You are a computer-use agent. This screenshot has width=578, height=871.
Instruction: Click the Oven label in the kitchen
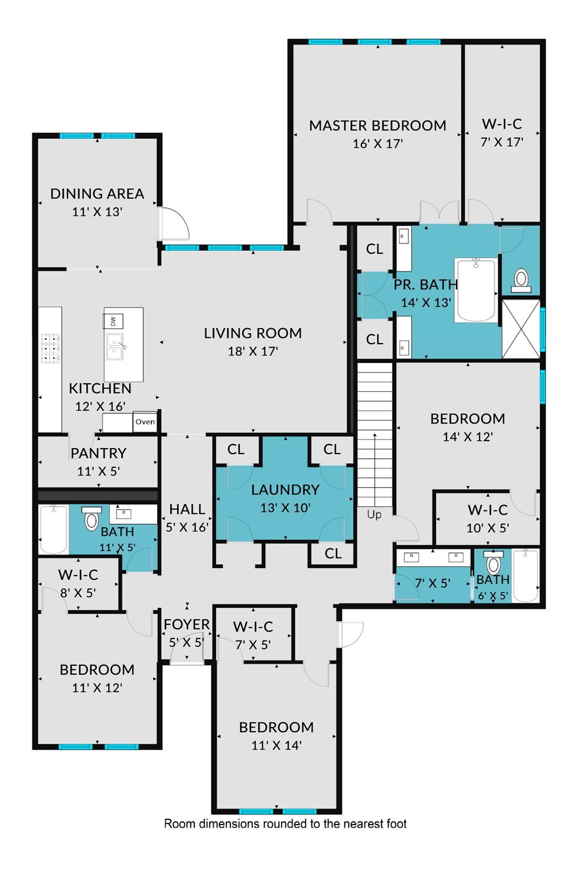[x=145, y=421]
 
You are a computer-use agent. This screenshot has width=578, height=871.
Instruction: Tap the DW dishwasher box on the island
[x=113, y=321]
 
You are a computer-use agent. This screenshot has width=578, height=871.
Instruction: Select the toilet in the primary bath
[x=521, y=280]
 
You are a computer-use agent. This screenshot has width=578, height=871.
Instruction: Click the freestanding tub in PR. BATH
[x=476, y=290]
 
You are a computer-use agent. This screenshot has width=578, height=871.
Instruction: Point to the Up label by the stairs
[x=374, y=514]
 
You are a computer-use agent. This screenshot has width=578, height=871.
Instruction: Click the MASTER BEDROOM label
[x=377, y=125]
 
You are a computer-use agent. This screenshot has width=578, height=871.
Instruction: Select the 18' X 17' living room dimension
[x=253, y=351]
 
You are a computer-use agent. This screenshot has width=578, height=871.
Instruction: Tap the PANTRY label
[x=98, y=453]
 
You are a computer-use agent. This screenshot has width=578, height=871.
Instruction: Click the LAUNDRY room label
[x=285, y=489]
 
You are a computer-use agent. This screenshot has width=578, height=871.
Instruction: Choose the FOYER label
[x=187, y=624]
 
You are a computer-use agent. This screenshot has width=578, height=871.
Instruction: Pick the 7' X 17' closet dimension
[x=502, y=142]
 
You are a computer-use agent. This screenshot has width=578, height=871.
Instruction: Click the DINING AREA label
[x=97, y=193]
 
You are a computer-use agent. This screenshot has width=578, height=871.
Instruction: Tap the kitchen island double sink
[x=115, y=347]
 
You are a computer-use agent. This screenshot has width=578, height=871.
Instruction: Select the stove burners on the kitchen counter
[x=50, y=348]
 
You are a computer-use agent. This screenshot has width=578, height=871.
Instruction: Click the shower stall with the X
[x=521, y=328]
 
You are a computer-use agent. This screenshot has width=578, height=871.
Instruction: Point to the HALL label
[x=187, y=509]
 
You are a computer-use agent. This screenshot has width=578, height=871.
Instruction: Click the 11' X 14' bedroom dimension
[x=276, y=745]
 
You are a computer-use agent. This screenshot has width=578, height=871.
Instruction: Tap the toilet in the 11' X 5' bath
[x=92, y=518]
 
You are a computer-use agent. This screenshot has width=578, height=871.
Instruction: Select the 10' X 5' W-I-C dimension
[x=488, y=528]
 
